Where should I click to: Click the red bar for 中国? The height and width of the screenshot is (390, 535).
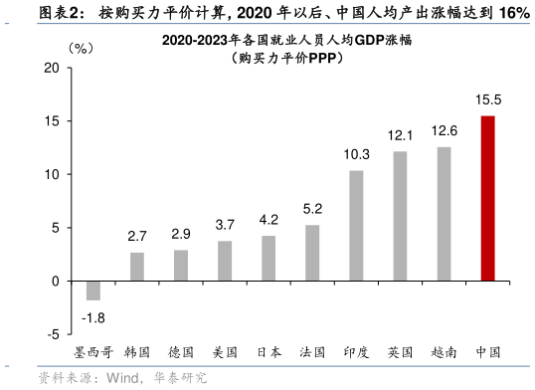[487, 198]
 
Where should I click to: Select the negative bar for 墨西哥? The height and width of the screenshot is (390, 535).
[93, 290]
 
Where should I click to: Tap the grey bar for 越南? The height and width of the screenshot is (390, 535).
[444, 214]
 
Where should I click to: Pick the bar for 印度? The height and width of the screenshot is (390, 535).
[356, 226]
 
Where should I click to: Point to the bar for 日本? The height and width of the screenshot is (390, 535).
[268, 258]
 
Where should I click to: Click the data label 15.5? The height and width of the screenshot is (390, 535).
[487, 100]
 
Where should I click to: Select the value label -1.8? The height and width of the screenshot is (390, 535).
[93, 317]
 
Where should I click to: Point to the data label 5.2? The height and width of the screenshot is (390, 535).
[312, 209]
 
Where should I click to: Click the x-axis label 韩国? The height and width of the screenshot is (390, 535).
[137, 351]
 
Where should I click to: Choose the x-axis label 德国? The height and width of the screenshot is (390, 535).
[181, 351]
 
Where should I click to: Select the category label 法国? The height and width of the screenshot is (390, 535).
[312, 351]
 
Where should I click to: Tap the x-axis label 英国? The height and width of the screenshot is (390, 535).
[400, 351]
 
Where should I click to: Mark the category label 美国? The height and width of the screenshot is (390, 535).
[225, 351]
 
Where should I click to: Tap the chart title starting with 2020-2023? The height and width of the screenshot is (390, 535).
[282, 42]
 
